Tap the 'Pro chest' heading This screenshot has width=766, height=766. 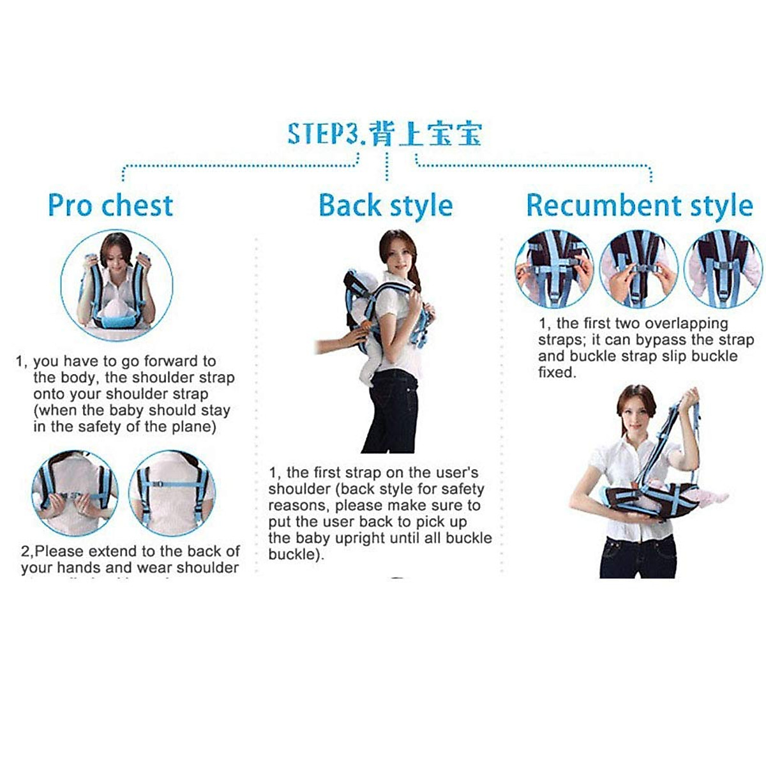110,205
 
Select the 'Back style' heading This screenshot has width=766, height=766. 386,206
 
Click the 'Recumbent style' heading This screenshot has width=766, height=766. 639,206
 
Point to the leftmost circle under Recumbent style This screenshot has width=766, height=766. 553,269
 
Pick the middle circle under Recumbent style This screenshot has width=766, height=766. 638,269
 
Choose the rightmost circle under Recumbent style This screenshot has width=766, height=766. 723,269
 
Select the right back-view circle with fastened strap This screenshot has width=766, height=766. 172,493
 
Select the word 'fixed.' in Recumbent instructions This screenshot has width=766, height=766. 557,372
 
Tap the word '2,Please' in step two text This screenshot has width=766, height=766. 52,551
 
